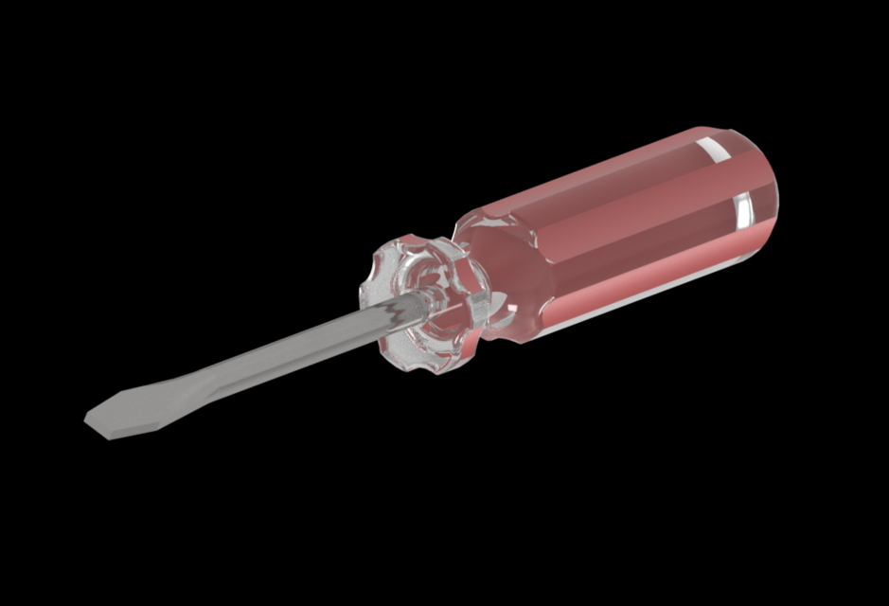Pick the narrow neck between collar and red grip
(478, 270)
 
